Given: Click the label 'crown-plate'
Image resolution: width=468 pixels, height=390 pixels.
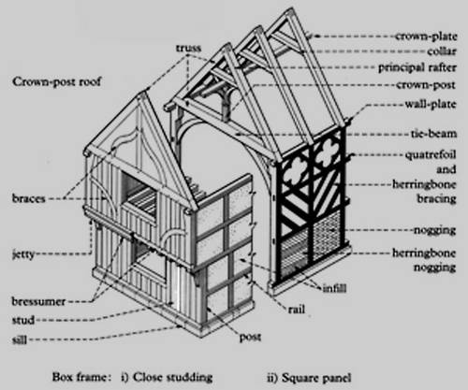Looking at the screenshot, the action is (x=426, y=36).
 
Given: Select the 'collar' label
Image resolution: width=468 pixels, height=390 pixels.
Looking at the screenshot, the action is (x=442, y=51).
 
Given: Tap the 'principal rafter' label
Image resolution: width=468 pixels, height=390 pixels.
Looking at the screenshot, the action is (x=417, y=67).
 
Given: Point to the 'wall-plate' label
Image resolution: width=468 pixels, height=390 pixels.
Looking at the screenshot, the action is (x=431, y=104).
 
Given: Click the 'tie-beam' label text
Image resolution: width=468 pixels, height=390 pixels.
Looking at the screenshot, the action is (x=433, y=134).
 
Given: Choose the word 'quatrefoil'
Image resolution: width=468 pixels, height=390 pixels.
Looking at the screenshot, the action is (x=431, y=155).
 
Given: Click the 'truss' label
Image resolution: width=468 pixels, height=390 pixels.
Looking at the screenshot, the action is (x=188, y=49).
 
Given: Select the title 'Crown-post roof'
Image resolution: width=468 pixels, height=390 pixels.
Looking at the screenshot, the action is (x=57, y=82).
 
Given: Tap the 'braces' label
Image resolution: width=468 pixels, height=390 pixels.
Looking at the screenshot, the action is (x=29, y=198).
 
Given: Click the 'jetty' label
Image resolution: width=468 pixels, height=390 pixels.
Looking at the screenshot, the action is (x=23, y=254).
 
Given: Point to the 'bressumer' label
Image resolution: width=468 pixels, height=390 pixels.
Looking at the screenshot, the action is (x=38, y=301).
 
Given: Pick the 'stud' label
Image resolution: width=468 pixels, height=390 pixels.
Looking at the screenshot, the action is (x=23, y=320).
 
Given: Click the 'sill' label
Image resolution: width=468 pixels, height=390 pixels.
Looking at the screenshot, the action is (x=20, y=339).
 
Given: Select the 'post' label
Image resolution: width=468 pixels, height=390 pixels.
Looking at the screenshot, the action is (x=250, y=338).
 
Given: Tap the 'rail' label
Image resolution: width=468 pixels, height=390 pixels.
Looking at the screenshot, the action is (x=297, y=310).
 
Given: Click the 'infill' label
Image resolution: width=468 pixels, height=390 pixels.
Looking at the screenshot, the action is (x=334, y=288).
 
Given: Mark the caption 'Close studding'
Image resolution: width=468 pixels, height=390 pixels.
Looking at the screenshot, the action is (x=172, y=377).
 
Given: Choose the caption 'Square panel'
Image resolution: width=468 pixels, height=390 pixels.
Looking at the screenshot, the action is (x=316, y=378).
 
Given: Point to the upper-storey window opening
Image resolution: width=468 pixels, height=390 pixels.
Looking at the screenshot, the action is (x=139, y=193).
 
